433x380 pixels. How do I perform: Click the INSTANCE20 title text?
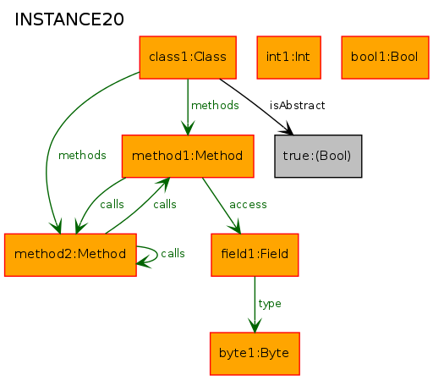(x=69, y=19)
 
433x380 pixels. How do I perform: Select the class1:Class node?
(x=188, y=58)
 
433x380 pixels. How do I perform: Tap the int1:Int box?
(x=288, y=58)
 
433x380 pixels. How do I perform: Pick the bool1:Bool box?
(x=385, y=58)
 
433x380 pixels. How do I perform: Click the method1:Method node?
(x=188, y=156)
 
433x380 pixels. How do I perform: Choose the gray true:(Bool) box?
(x=318, y=156)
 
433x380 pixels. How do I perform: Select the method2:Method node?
(x=70, y=255)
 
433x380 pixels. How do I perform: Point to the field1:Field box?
(x=255, y=255)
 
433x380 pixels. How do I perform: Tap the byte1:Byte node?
(x=255, y=354)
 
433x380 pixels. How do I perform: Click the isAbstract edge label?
(x=297, y=105)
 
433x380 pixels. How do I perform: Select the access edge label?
(x=248, y=204)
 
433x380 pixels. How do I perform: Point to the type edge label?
(x=270, y=304)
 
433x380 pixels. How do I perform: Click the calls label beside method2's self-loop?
(x=173, y=253)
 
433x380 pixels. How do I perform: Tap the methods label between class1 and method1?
(x=215, y=105)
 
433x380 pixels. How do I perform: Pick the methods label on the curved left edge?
(x=82, y=155)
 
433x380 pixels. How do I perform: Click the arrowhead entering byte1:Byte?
(x=255, y=326)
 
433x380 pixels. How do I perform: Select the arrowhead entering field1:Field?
(x=235, y=227)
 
